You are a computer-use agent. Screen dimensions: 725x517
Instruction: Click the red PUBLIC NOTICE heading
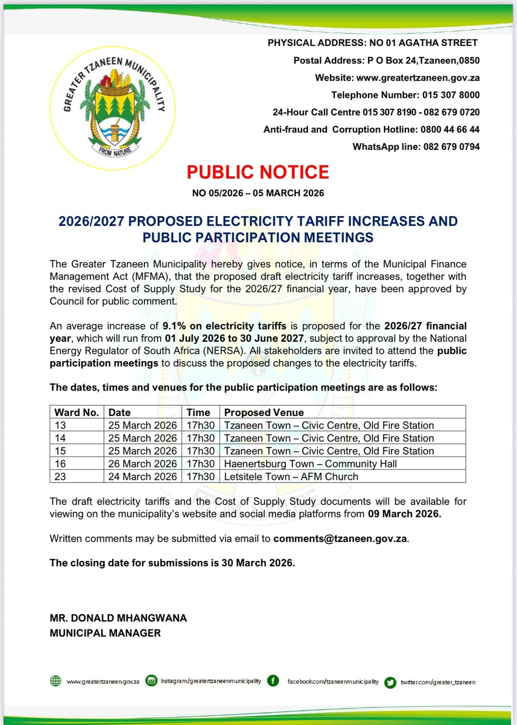pos(258,172)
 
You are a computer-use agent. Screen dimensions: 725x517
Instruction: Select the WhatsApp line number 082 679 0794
pos(451,147)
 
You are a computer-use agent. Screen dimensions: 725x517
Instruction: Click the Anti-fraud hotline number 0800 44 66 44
pos(450,130)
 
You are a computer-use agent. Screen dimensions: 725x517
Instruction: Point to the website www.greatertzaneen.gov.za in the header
pos(418,78)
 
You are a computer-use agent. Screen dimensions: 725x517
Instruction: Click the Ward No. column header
pos(77,412)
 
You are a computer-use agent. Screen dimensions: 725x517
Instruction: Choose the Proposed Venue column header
pos(264,412)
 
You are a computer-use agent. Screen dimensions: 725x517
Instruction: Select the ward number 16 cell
pos(60,464)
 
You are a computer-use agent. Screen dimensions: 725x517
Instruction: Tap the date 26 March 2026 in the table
pos(142,464)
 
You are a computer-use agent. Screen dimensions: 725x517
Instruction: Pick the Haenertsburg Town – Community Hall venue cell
pos(310,464)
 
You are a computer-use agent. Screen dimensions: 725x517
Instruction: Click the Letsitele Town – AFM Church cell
pos(291,477)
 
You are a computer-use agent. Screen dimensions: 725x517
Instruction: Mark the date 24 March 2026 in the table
pos(142,477)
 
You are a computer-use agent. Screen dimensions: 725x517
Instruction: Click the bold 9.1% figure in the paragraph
pos(174,326)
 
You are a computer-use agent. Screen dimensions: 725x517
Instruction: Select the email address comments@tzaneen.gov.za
pos(340,539)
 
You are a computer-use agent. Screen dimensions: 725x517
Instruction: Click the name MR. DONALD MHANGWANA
pos(118,618)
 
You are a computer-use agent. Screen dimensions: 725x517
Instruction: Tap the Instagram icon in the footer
pos(152,681)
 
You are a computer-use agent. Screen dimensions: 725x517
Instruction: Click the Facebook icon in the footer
pos(273,681)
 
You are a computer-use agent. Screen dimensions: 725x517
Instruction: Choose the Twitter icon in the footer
pos(390,682)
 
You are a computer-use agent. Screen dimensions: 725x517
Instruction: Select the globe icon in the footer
pos(55,681)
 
